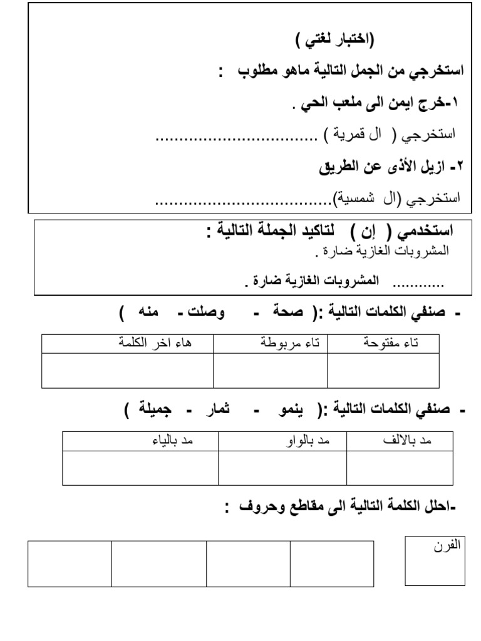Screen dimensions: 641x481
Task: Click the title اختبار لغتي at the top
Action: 334,42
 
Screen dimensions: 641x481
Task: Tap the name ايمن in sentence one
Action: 388,103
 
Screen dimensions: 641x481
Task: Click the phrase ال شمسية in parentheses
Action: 370,199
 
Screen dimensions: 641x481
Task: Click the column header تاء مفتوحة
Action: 391,343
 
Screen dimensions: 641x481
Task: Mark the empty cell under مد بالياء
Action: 140,468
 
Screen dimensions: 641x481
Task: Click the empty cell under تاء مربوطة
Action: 270,371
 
